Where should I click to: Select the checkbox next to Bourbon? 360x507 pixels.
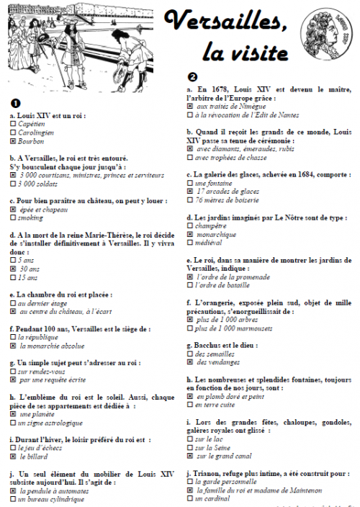14,142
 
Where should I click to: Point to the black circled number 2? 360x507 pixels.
192,76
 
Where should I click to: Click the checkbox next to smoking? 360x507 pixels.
14,217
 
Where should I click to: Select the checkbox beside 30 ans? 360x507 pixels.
14,268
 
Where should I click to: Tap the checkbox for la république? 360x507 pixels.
14,336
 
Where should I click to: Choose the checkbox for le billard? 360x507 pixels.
14,456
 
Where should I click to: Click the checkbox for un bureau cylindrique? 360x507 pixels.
14,498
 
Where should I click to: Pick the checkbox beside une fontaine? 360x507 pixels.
190,183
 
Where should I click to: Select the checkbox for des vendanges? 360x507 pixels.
190,362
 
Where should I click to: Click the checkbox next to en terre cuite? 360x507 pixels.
190,405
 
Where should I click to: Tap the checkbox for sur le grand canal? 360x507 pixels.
190,456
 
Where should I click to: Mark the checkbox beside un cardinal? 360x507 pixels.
190,498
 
